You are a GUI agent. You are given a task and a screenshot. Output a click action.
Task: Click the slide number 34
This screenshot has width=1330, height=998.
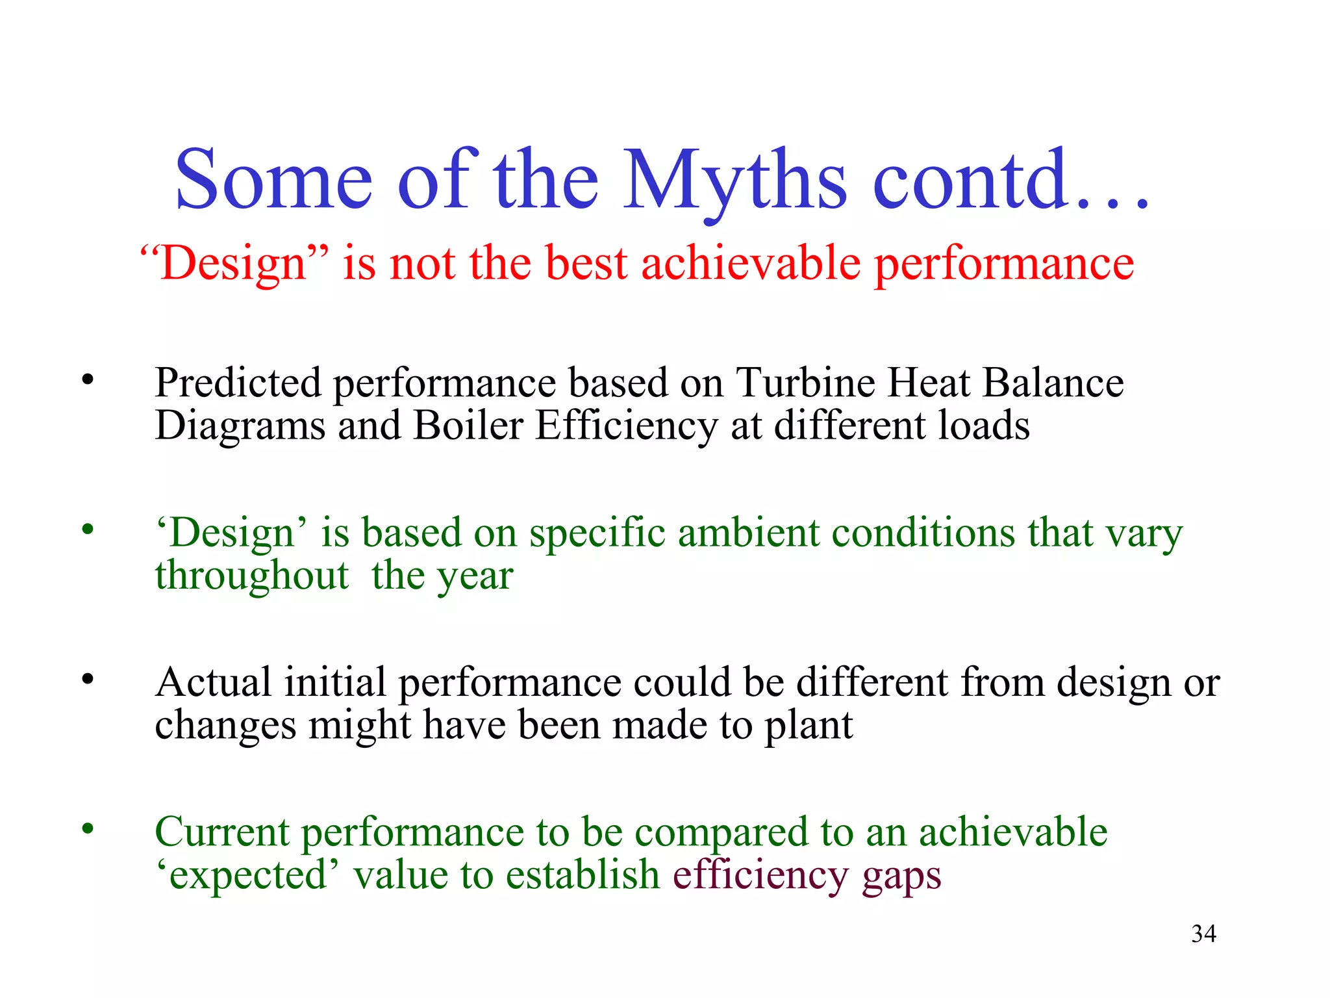(1203, 934)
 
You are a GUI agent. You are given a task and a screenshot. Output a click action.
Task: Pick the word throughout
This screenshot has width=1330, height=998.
(252, 576)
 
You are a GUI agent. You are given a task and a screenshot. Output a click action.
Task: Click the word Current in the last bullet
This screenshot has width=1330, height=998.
(222, 832)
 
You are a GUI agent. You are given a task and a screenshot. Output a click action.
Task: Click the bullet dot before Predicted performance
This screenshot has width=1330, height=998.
(88, 379)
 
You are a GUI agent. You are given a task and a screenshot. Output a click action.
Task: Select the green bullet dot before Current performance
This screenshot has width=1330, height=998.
(88, 829)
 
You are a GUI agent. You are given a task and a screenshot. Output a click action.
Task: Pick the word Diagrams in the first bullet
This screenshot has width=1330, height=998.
(240, 426)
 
